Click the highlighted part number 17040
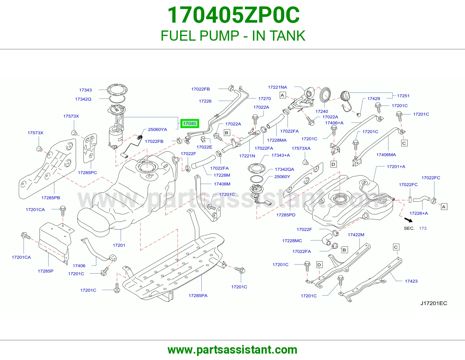pos(189,124)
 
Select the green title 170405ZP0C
pos(233,15)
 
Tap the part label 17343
pos(85,90)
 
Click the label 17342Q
pos(83,99)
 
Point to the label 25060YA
pos(157,129)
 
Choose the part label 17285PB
pos(51,198)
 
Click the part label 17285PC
pos(87,173)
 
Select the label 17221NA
pos(277,87)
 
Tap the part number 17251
pos(403,96)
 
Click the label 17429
pos(374,98)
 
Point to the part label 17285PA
pos(198,296)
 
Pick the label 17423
pos(411,281)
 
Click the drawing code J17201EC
pos(434,303)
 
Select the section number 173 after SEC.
pos(423,228)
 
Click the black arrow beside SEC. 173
pos(408,220)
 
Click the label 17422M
pos(356,235)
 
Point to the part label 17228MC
pos(292,241)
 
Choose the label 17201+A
pos(396,167)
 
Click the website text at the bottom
pos(233,350)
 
